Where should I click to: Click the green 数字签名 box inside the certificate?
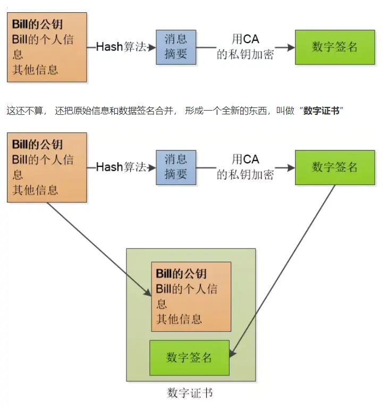pos(189,357)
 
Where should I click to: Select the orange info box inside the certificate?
pos(191,296)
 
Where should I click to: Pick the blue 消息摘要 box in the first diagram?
pos(175,47)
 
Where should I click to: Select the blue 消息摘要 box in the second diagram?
pos(175,167)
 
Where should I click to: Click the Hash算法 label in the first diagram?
pos(121,47)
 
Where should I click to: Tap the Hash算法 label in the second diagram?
pos(121,167)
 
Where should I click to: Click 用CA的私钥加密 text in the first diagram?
pos(245,47)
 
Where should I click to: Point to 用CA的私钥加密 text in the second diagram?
pos(245,167)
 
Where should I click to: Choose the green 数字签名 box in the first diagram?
pos(335,47)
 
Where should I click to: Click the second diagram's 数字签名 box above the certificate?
pos(335,167)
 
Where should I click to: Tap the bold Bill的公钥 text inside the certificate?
pos(181,274)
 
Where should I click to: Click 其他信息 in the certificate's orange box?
pos(179,319)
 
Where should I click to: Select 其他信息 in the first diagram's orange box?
pos(35,70)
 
